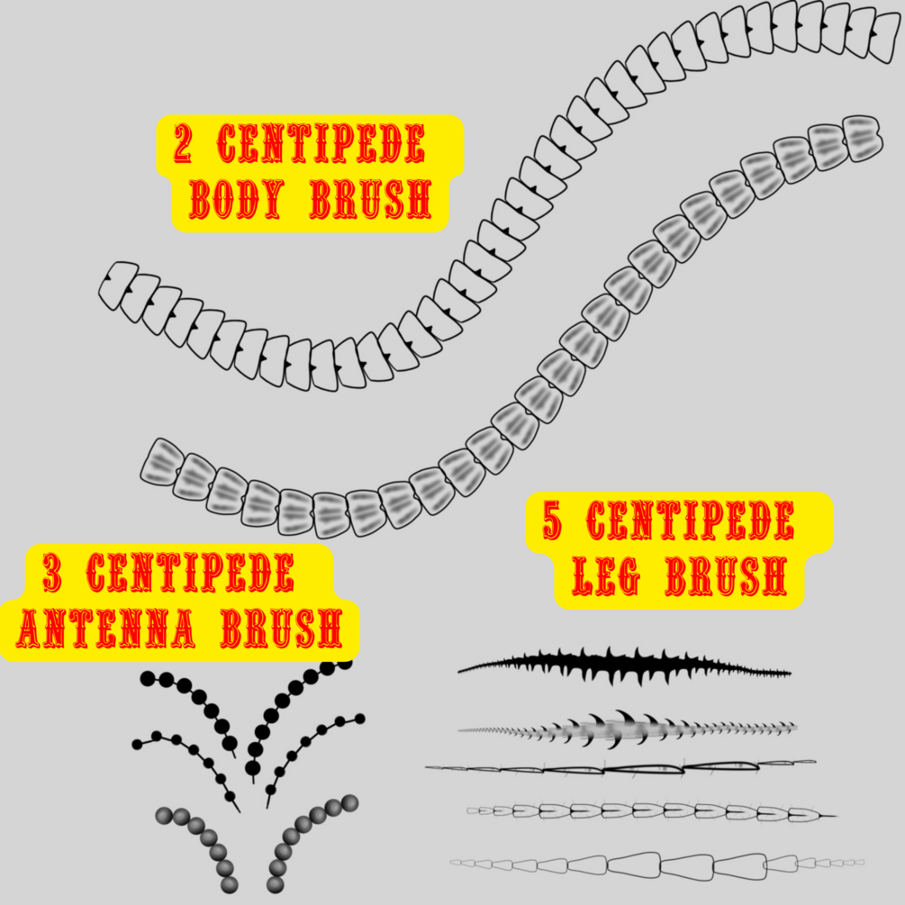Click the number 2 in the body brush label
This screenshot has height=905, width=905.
pos(183,144)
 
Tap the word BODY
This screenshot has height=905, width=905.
pos(235,202)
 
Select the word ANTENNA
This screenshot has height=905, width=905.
pos(106,629)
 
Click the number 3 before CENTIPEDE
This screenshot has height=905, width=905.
pos(52,574)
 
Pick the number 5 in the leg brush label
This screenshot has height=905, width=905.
pos(553,521)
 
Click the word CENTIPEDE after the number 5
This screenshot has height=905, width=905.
pos(690,521)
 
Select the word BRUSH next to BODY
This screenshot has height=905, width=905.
pos(369,202)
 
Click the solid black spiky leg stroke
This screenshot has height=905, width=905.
pos(621,667)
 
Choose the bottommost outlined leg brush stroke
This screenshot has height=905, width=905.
pos(657,865)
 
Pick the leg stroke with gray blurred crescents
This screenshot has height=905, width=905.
pos(621,728)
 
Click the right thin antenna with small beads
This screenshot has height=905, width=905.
pos(311,738)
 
